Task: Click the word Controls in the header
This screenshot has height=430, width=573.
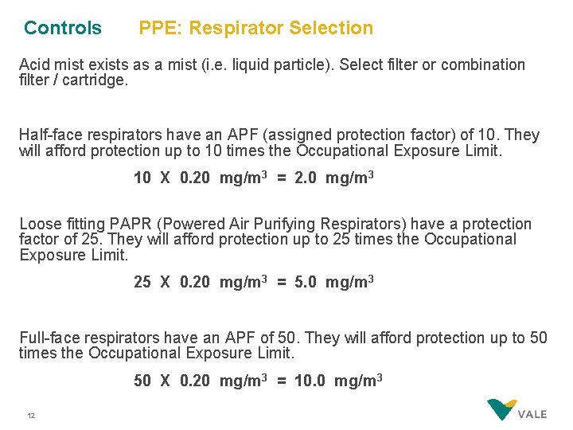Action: click(63, 28)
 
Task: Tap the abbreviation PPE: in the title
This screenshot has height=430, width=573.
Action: click(162, 28)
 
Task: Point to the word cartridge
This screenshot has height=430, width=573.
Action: click(96, 80)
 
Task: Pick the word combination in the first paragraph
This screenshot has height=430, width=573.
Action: click(483, 64)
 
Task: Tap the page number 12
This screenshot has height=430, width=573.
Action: click(31, 416)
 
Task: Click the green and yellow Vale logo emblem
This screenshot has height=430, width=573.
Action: click(501, 409)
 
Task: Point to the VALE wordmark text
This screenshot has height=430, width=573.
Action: click(532, 415)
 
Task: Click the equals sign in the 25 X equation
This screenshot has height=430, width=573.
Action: click(282, 282)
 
